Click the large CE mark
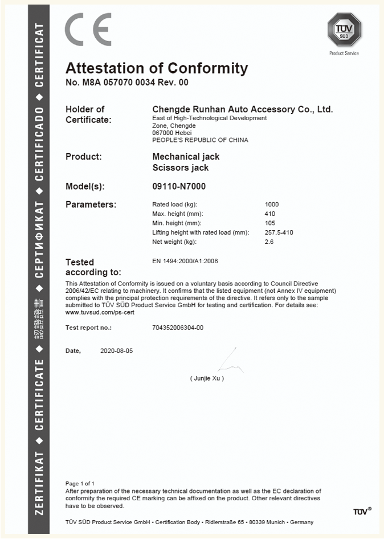[87, 30]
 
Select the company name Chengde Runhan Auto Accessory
[242, 109]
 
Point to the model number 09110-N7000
[179, 186]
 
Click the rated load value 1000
[272, 205]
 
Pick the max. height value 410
[270, 214]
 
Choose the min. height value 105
[270, 223]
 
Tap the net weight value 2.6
[269, 242]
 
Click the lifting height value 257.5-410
[279, 232]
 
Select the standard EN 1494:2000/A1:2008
[185, 261]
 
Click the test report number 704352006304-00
[178, 328]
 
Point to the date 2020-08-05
[116, 351]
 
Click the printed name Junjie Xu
[207, 378]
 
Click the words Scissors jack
[181, 168]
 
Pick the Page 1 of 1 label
[80, 484]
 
